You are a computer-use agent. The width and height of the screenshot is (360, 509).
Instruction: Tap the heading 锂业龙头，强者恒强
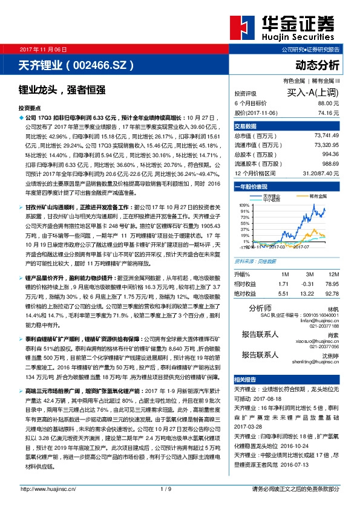click(62, 89)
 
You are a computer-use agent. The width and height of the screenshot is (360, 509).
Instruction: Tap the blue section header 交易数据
click(246, 126)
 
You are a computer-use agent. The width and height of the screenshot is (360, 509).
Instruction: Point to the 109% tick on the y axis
click(244, 206)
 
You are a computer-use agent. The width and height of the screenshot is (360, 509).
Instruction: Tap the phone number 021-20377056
click(326, 348)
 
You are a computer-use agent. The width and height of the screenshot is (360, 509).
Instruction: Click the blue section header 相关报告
click(246, 379)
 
